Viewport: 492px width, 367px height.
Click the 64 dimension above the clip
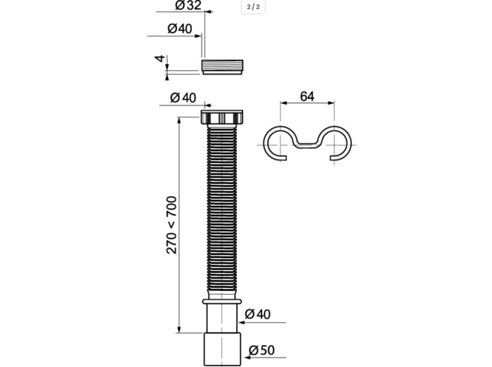point(307,96)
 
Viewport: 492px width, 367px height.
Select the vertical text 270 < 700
point(171,225)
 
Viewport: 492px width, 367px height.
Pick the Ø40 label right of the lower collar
point(259,314)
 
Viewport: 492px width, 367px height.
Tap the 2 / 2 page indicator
point(253,7)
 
